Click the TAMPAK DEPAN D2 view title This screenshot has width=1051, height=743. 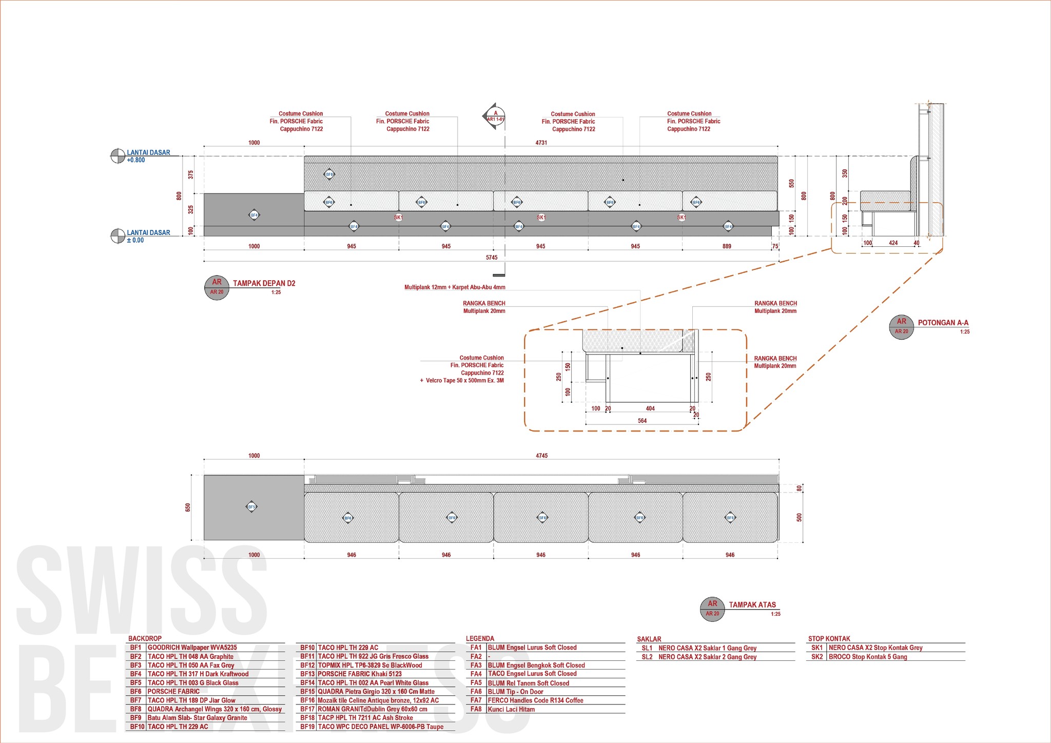tap(264, 283)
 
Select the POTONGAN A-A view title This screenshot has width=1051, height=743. tap(943, 323)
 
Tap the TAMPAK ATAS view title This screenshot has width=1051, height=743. tap(752, 604)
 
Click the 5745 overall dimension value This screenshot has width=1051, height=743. tap(491, 258)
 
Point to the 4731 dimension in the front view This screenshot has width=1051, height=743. tap(541, 143)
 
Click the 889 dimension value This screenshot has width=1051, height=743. tap(727, 246)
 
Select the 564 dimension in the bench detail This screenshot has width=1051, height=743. tap(642, 421)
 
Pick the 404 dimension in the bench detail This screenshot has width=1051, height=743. tap(650, 408)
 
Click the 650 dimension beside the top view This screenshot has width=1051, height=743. tap(188, 507)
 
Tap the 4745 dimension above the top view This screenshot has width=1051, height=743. tap(541, 456)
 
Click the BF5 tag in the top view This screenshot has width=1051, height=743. tap(251, 507)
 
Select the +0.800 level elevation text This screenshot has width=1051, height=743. tap(136, 160)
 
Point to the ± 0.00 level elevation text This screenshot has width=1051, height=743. tap(135, 240)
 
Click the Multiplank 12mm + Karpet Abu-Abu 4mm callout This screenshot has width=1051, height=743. tap(455, 287)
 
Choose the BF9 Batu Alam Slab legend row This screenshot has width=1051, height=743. tap(197, 718)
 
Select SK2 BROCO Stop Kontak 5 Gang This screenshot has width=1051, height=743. tap(867, 657)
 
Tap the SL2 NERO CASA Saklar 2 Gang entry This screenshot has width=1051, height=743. tap(707, 657)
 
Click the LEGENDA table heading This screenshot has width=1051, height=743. tap(480, 639)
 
